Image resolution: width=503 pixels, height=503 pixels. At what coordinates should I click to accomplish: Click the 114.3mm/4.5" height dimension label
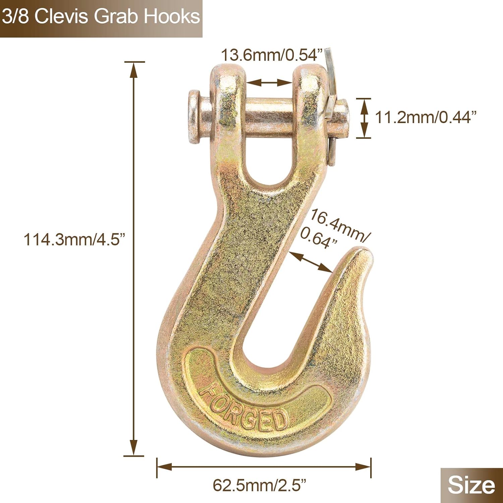coord(74,240)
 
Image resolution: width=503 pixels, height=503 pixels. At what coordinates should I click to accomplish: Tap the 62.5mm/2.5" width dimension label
coord(260,485)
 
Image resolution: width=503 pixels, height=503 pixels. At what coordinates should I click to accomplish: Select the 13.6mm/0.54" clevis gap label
coord(272,55)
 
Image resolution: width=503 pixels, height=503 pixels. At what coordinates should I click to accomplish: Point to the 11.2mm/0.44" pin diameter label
coord(426,117)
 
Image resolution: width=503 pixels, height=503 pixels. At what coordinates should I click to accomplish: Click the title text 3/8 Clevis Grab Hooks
coord(101,17)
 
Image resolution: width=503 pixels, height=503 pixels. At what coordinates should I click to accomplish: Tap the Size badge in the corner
coord(471,485)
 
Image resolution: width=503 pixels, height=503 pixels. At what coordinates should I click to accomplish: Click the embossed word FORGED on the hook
coord(243,411)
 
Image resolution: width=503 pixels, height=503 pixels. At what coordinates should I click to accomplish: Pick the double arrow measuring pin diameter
coord(364,118)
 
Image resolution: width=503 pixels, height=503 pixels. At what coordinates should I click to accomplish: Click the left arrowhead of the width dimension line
coord(164,466)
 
